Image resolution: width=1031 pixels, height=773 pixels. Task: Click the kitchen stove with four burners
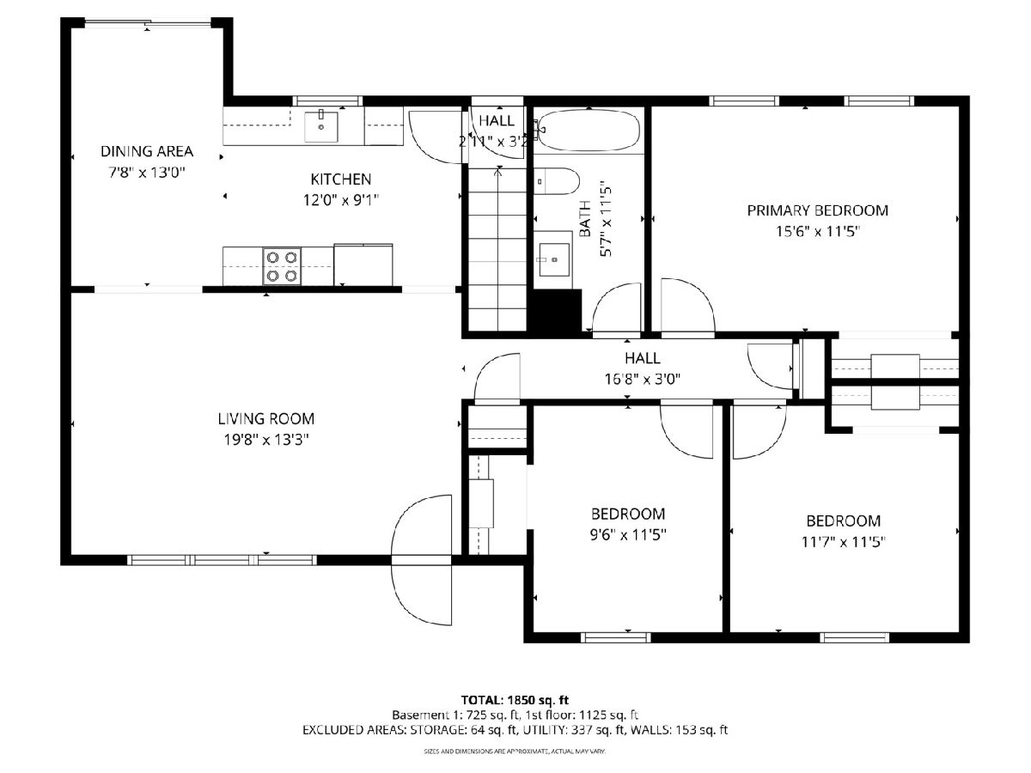pyautogui.click(x=282, y=265)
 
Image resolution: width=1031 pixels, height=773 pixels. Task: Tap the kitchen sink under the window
pyautogui.click(x=320, y=127)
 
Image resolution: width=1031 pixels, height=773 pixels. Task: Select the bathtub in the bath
pyautogui.click(x=589, y=130)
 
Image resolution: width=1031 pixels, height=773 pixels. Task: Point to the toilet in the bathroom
pyautogui.click(x=557, y=180)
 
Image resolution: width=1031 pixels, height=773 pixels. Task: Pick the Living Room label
pyautogui.click(x=265, y=418)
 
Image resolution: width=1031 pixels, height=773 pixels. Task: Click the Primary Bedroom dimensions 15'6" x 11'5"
pyautogui.click(x=817, y=232)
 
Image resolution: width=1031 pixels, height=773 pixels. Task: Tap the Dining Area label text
pyautogui.click(x=147, y=151)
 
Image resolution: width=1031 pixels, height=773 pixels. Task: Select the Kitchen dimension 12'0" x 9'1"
pyautogui.click(x=340, y=200)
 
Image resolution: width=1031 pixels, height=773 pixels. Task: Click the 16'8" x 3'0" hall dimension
pyautogui.click(x=642, y=379)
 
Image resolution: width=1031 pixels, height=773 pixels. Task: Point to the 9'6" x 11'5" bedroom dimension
pyautogui.click(x=628, y=534)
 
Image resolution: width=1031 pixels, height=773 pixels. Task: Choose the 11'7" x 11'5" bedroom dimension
pyautogui.click(x=843, y=542)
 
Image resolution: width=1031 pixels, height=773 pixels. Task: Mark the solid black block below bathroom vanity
pyautogui.click(x=556, y=310)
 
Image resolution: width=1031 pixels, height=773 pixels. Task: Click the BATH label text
pyautogui.click(x=585, y=219)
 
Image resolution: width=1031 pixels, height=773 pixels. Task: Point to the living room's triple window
pyautogui.click(x=222, y=559)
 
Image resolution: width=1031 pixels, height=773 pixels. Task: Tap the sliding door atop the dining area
pyautogui.click(x=148, y=22)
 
